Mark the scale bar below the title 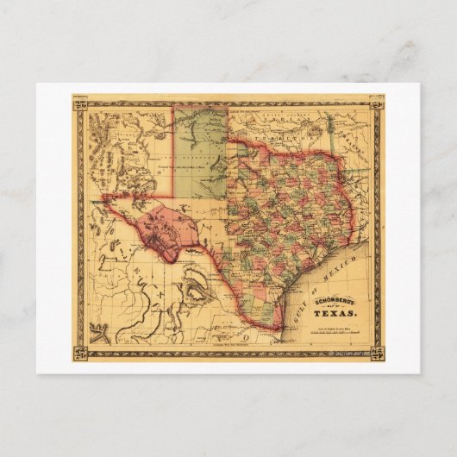point(332,334)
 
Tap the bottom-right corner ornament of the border point(376,353)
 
